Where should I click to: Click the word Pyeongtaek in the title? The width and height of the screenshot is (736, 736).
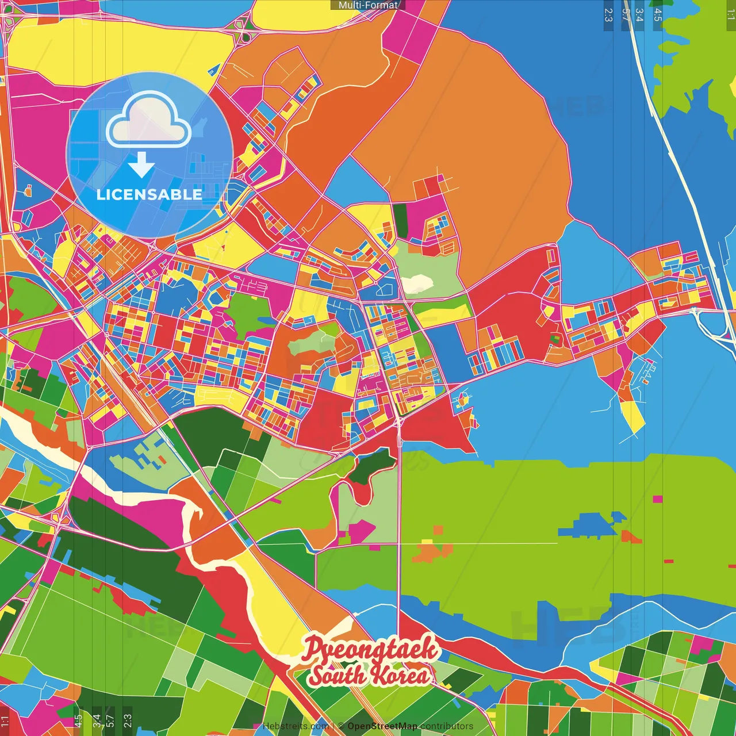370,650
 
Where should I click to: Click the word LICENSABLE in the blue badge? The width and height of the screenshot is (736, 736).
149,194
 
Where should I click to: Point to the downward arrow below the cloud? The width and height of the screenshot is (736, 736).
141,166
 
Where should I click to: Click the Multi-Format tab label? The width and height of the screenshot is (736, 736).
368,5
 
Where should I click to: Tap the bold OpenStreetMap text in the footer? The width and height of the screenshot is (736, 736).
382,726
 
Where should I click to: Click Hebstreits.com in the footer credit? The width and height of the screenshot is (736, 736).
296,726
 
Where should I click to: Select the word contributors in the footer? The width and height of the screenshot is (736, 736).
446,726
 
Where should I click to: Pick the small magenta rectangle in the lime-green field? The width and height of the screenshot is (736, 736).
658,499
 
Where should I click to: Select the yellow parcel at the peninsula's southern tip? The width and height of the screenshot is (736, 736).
634,416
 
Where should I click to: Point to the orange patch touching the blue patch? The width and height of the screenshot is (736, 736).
631,537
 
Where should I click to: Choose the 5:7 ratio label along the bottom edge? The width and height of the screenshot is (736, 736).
110,719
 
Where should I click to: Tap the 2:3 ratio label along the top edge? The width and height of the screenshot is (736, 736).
608,15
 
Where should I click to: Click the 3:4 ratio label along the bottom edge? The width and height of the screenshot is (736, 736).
96,719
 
